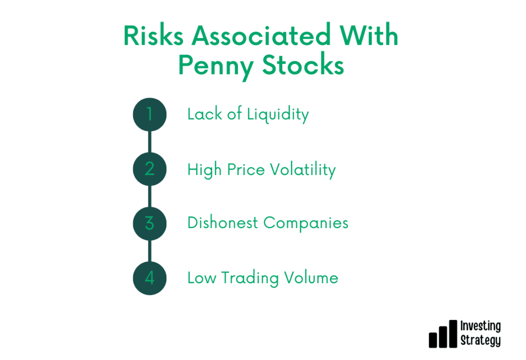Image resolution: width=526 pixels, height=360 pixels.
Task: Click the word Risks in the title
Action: point(153,35)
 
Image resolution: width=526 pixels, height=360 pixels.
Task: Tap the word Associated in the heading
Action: point(261,34)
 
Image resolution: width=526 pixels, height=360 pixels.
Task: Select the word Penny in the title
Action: point(216,67)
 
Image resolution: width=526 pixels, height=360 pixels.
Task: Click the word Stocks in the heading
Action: point(303,64)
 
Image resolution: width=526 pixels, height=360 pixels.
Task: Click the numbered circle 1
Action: point(150,115)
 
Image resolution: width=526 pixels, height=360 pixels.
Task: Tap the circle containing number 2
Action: point(150,169)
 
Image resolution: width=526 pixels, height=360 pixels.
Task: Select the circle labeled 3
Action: point(150,224)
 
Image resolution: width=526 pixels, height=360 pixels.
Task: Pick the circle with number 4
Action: point(150,278)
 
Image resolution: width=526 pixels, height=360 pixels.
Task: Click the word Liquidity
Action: point(278,115)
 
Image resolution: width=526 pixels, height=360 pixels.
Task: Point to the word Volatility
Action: point(303,170)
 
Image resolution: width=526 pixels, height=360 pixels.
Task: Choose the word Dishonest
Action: point(222,223)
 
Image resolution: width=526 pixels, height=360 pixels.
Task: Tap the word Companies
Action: point(306,224)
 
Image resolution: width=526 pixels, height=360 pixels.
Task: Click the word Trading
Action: point(250,279)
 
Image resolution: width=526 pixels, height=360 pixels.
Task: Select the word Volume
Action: point(311,278)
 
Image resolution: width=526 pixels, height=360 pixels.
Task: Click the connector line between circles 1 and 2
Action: point(150,142)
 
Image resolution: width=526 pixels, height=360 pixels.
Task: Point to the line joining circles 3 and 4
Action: point(150,251)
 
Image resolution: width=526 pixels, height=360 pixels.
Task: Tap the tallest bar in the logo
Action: point(453,334)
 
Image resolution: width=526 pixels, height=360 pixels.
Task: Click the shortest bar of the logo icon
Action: point(433,340)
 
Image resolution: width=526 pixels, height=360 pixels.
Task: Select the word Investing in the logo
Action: point(480,326)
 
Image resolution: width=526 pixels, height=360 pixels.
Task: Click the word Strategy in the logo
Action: point(480,340)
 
